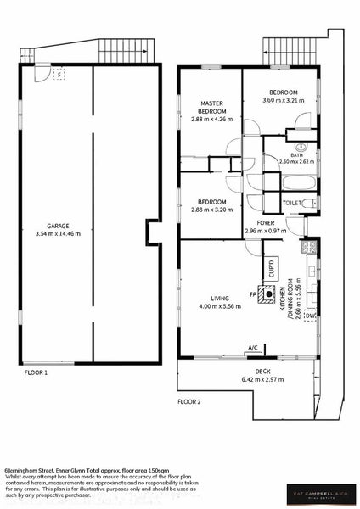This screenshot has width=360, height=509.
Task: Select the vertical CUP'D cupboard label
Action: click(x=273, y=269)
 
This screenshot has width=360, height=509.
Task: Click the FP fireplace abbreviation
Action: click(x=253, y=294)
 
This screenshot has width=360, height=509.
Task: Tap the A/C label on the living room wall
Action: click(x=252, y=348)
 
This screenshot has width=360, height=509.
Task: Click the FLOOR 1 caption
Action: click(x=35, y=372)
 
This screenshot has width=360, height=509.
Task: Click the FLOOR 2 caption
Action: click(x=188, y=400)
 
